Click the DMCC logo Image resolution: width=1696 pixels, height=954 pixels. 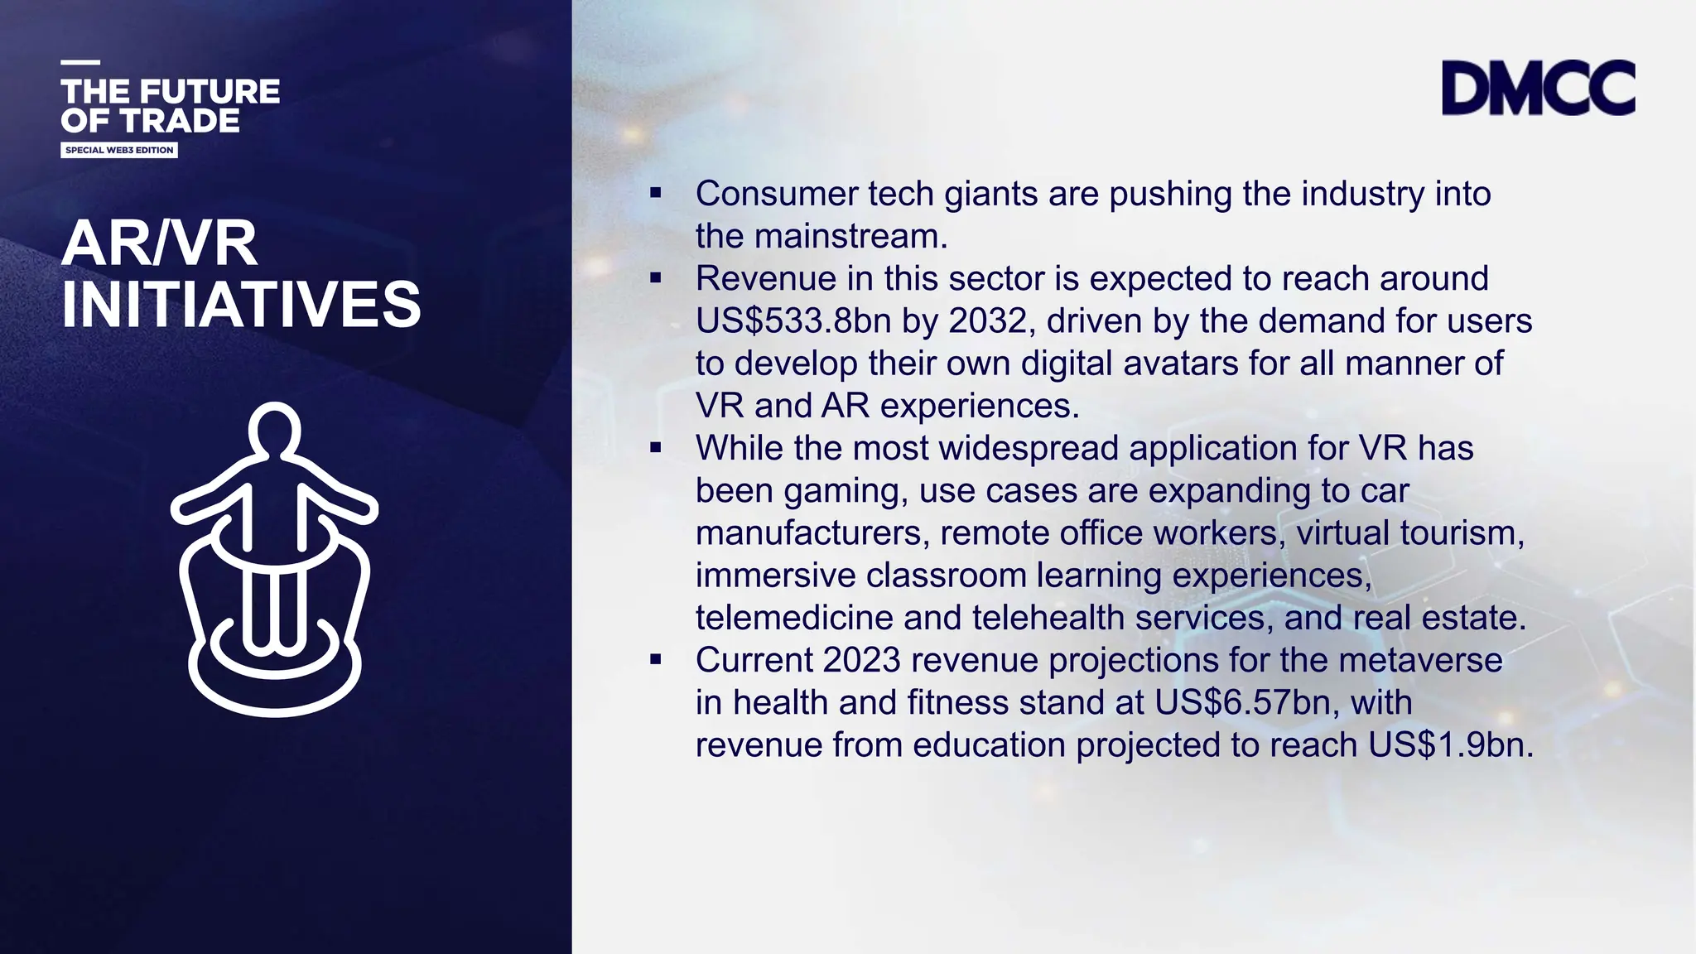click(x=1538, y=87)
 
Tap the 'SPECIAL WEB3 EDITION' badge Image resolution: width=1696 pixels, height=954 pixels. click(x=119, y=150)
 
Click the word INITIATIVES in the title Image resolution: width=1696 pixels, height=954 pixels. click(x=241, y=304)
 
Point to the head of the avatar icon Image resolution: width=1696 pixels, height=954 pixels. click(x=274, y=430)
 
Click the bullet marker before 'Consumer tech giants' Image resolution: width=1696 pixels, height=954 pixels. click(x=656, y=194)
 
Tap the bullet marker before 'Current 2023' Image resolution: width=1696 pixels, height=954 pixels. click(x=656, y=660)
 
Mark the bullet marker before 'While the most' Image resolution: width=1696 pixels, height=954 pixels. click(x=656, y=448)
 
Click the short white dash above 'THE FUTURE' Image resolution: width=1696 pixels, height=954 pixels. click(x=80, y=62)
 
